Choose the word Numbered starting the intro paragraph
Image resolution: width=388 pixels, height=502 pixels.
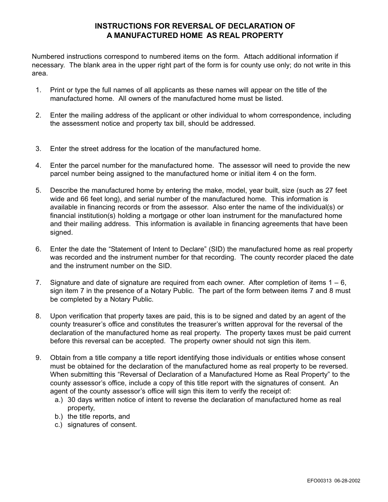pos(48,57)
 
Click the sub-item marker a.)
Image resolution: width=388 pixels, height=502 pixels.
pos(59,400)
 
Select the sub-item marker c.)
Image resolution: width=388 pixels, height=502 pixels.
pos(59,425)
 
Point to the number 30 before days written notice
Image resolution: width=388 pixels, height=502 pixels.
pos(71,400)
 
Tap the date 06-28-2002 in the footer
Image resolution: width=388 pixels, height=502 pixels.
pos(347,481)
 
